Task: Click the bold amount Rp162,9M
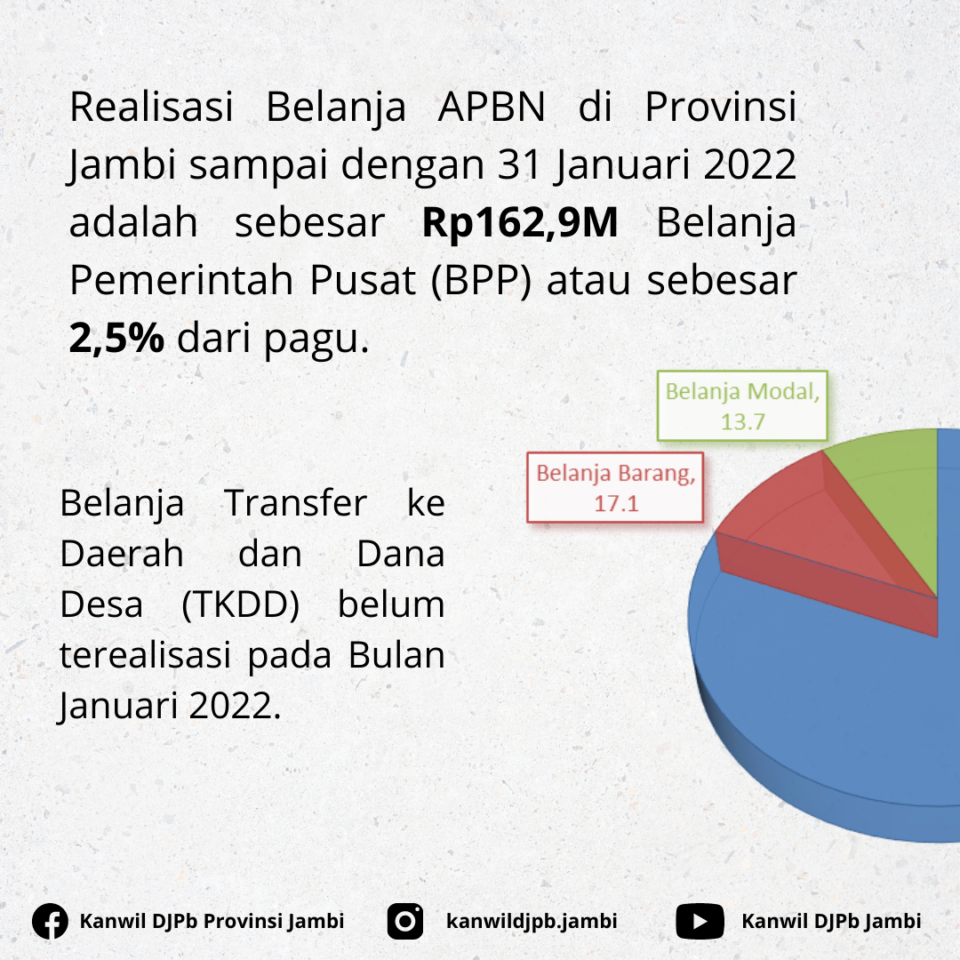(520, 222)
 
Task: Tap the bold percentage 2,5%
(116, 338)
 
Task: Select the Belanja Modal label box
(742, 406)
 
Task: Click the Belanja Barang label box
(615, 488)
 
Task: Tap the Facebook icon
(50, 922)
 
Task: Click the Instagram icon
(405, 922)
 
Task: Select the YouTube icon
(700, 922)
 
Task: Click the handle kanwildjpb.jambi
(532, 922)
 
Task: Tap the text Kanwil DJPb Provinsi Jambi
(212, 922)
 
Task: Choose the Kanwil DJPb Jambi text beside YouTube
(831, 922)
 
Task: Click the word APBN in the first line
(492, 107)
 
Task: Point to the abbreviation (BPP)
(481, 280)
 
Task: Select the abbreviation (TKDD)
(241, 605)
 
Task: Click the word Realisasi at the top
(151, 107)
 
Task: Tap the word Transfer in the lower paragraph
(296, 503)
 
